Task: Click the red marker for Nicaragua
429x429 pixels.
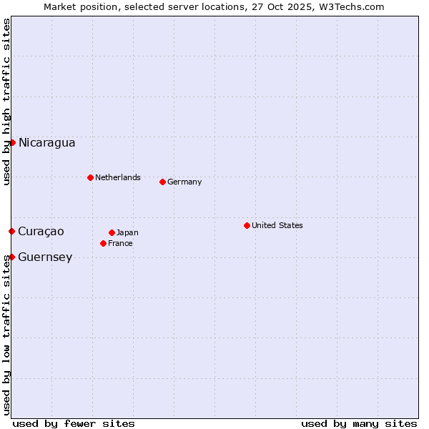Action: pos(12,142)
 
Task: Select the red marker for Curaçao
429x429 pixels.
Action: pos(11,231)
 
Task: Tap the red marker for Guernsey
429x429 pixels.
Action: pos(11,257)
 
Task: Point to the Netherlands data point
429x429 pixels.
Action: pos(90,177)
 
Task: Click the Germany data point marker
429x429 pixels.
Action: pos(162,182)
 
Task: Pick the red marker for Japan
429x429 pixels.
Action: pos(112,232)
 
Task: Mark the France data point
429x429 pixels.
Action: pos(103,243)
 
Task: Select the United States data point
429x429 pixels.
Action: pos(247,225)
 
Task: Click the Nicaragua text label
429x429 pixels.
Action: pos(46,142)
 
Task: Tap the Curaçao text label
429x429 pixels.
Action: pos(41,231)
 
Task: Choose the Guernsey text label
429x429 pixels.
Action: pos(45,257)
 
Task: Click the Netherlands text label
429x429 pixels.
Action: pos(118,177)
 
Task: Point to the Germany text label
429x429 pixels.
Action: pos(184,182)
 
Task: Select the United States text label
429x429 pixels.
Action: pos(277,225)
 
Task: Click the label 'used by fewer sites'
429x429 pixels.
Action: pos(74,423)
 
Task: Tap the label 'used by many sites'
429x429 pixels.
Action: pos(359,423)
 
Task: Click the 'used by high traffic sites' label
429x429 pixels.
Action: pos(6,102)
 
